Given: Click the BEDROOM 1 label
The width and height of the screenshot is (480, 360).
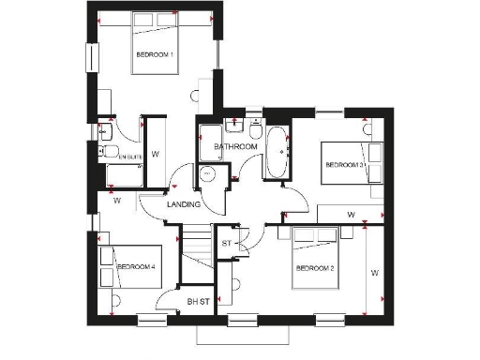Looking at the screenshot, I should pyautogui.click(x=155, y=55).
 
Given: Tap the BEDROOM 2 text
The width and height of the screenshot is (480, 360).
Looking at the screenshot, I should pyautogui.click(x=315, y=268).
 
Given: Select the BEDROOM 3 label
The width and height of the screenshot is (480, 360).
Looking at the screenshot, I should pyautogui.click(x=344, y=165).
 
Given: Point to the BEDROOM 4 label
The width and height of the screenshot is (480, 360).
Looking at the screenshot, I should pyautogui.click(x=135, y=267).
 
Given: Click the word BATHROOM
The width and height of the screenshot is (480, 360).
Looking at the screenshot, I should pyautogui.click(x=235, y=147).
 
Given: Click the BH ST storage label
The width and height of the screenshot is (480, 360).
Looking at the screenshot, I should pyautogui.click(x=197, y=301).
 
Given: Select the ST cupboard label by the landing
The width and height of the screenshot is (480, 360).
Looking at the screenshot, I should pyautogui.click(x=226, y=244).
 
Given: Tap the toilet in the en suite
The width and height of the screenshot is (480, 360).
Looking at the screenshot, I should pyautogui.click(x=109, y=152).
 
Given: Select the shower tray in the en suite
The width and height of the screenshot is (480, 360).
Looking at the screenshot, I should pyautogui.click(x=124, y=175).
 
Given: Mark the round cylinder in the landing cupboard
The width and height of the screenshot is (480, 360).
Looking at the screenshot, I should pyautogui.click(x=208, y=173).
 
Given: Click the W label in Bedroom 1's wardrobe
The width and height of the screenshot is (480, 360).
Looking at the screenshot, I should pyautogui.click(x=155, y=153).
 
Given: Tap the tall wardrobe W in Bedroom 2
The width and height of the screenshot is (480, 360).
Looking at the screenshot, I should pyautogui.click(x=373, y=274).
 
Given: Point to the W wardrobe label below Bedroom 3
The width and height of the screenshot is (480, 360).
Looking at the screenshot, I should pyautogui.click(x=350, y=215).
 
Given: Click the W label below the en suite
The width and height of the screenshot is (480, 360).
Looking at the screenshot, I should pyautogui.click(x=117, y=200).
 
